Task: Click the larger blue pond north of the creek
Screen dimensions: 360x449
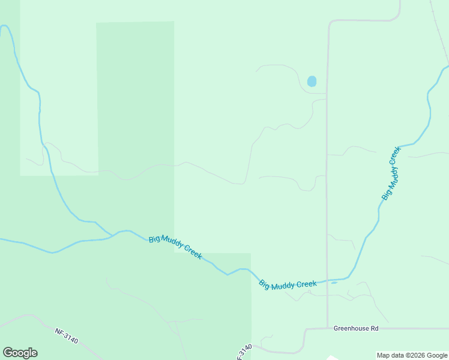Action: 312,81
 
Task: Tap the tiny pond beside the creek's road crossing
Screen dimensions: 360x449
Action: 334,283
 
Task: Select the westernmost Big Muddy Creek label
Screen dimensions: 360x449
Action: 175,247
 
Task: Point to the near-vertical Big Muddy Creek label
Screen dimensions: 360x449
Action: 391,173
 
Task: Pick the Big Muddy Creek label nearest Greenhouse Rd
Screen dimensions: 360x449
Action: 288,285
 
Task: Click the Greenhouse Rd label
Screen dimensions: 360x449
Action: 357,329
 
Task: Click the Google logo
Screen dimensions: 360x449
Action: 20,353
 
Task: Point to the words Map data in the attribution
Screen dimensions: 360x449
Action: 390,355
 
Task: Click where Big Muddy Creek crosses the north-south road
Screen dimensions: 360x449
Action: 327,281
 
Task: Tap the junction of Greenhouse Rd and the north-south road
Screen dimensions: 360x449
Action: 327,328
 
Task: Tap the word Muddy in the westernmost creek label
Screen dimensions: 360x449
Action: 173,246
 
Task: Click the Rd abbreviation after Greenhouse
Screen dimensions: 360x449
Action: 375,329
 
